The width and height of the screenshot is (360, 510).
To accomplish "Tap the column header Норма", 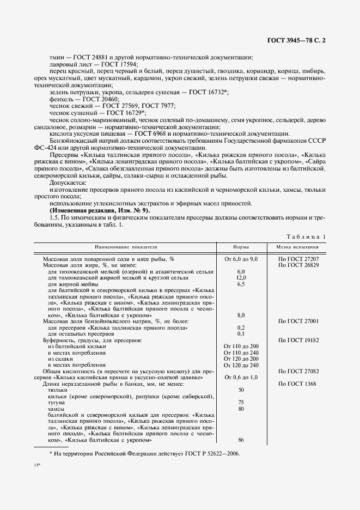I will coord(241,247).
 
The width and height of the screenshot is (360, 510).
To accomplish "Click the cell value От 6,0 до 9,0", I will coord(241,258).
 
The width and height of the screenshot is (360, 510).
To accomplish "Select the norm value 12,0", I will coord(241,277).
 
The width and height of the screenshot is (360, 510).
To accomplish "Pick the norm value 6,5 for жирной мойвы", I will coord(241,283).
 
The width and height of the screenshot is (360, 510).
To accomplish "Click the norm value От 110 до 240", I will coord(241,353).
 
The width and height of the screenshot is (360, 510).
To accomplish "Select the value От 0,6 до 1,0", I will coord(241,377).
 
